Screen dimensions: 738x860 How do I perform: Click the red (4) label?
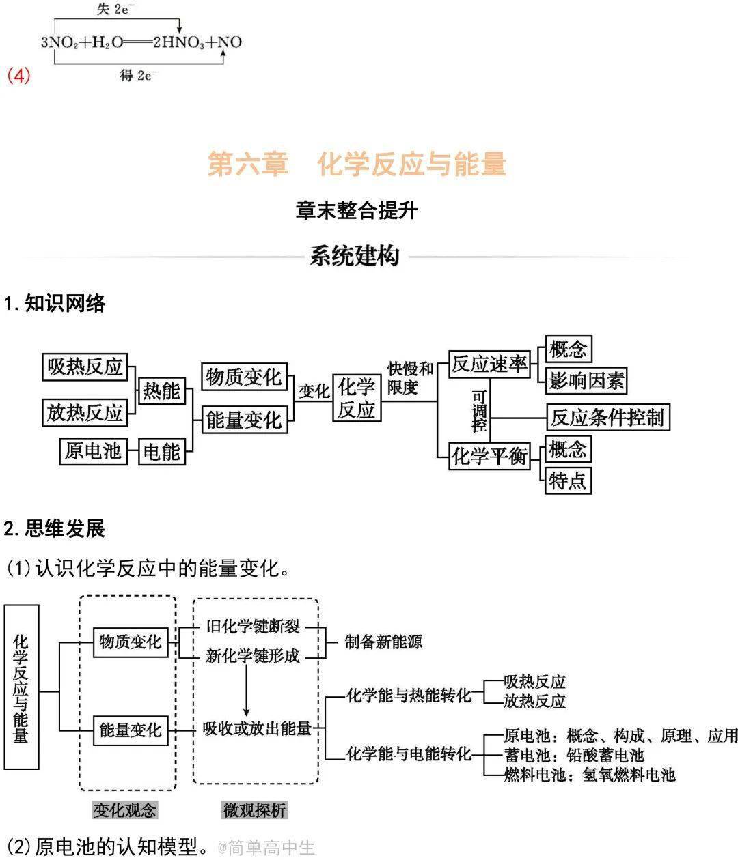tap(18, 76)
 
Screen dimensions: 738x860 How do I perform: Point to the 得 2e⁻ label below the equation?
tap(138, 75)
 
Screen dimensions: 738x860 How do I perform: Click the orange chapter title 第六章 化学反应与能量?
tap(357, 164)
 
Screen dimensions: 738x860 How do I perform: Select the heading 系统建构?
tap(355, 255)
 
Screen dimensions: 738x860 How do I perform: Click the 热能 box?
tap(161, 390)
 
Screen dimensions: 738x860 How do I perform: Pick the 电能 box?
tap(161, 451)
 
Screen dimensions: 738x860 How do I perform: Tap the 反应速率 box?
tap(489, 364)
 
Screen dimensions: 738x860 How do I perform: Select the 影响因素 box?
tap(586, 380)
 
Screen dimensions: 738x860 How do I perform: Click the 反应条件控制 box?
tap(608, 417)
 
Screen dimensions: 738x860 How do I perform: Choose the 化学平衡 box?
tap(489, 457)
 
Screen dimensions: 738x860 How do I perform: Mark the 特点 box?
tap(568, 481)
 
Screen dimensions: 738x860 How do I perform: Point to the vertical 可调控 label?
tap(480, 411)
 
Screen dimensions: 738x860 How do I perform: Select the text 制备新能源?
tap(383, 642)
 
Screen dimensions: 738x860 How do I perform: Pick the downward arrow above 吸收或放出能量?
tap(246, 691)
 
